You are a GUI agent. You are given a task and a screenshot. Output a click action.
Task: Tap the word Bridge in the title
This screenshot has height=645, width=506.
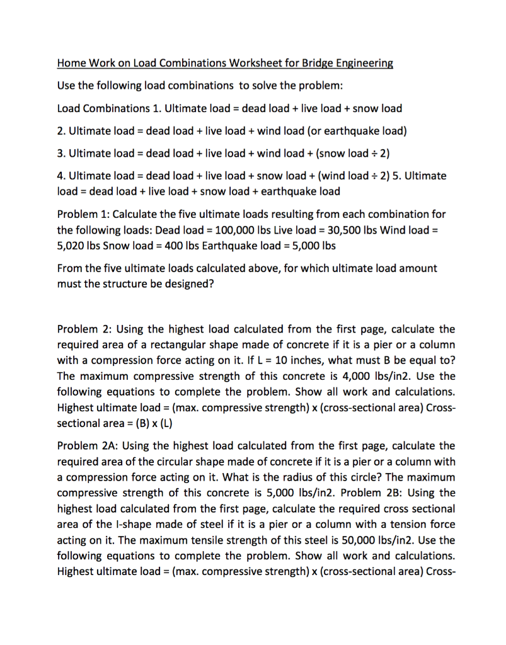tap(306, 63)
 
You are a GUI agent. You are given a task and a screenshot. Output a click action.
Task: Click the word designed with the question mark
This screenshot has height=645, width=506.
tap(192, 283)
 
